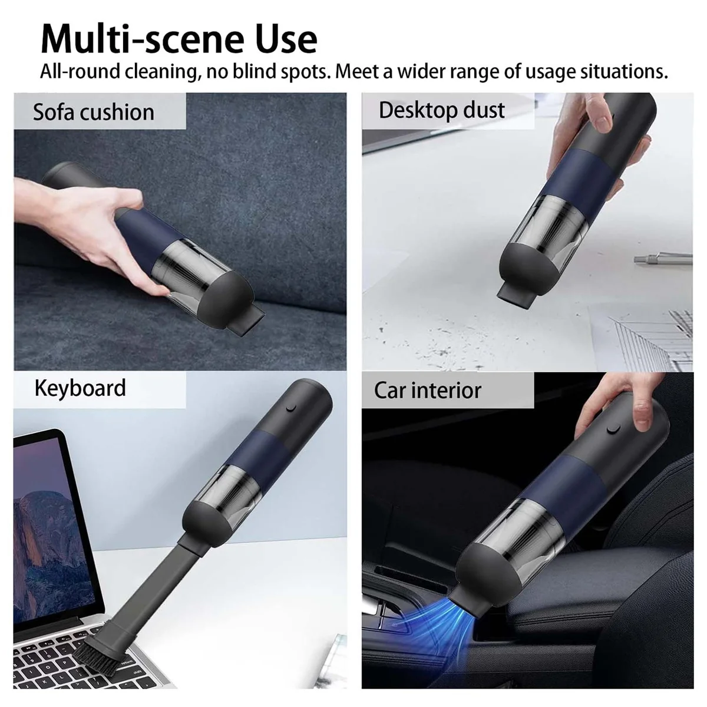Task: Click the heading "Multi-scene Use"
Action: (x=179, y=38)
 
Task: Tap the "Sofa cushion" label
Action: (x=93, y=112)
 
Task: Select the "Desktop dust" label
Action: (x=442, y=110)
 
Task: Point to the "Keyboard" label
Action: (x=80, y=388)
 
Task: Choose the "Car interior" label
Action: (x=428, y=390)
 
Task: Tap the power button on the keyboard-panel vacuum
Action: (x=289, y=408)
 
